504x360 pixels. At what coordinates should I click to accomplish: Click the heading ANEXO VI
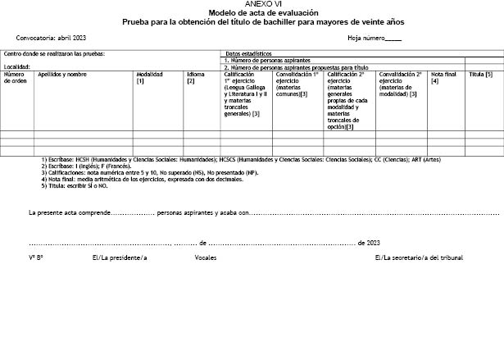(252, 4)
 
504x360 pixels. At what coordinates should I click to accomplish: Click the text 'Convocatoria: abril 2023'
(51, 39)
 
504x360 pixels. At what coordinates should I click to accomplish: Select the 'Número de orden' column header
(15, 77)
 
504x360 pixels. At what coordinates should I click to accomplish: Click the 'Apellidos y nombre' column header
(62, 74)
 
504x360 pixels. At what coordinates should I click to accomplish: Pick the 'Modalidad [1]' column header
(149, 77)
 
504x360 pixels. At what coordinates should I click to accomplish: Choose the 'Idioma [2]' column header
(195, 77)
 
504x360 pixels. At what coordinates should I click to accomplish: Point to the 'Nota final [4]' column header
(443, 77)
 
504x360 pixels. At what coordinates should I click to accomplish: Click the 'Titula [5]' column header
(480, 74)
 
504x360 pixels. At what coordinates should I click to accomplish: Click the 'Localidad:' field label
(17, 66)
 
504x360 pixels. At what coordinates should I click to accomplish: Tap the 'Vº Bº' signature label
(35, 257)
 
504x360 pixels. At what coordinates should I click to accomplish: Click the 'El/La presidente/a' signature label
(120, 257)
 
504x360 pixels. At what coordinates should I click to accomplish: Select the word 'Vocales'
(206, 257)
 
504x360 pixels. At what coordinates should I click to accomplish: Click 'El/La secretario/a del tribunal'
(418, 257)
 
